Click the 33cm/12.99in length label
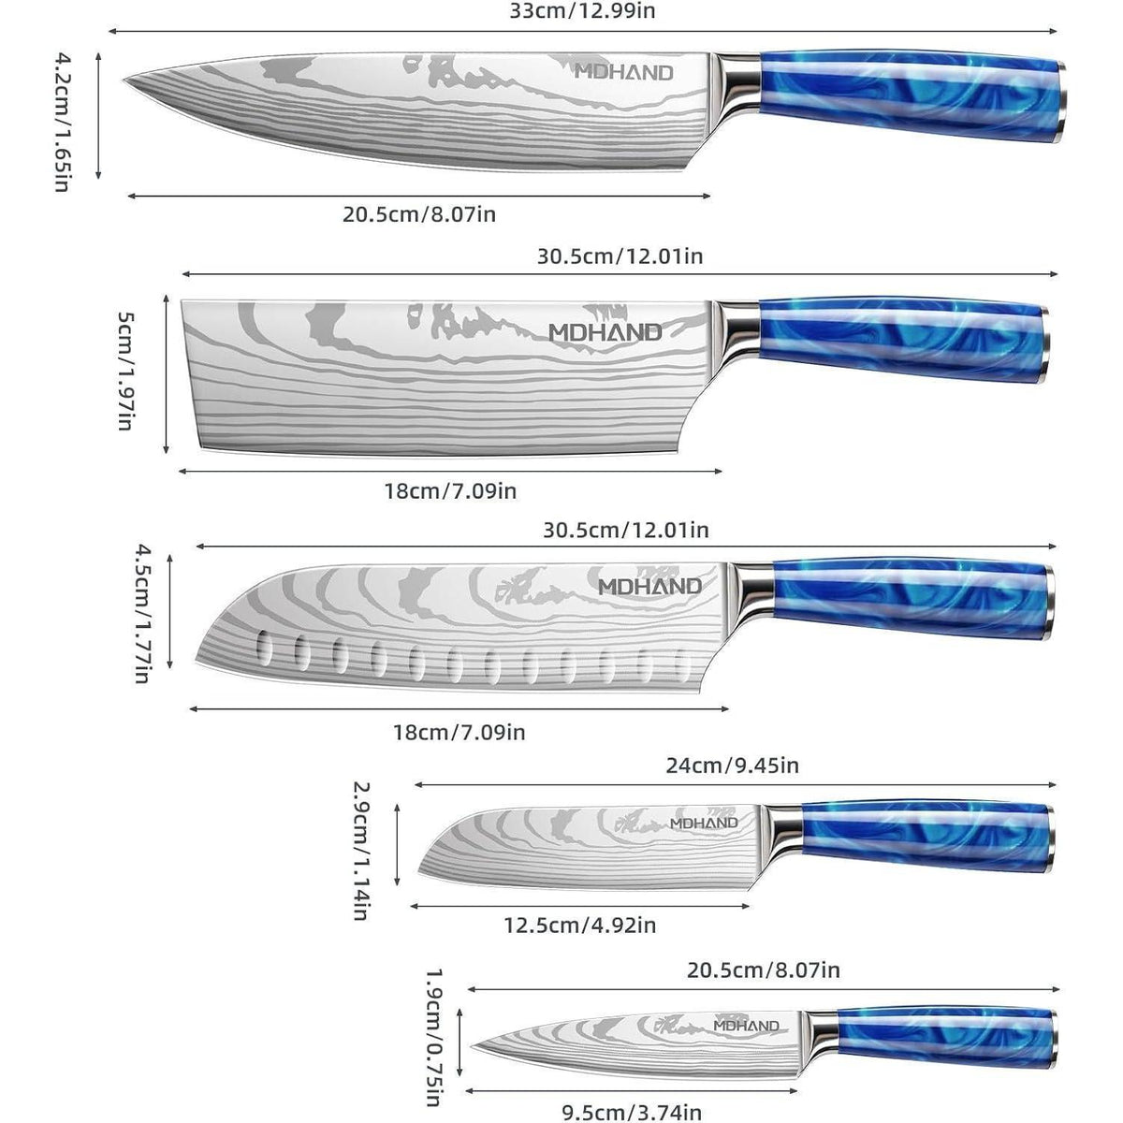click(581, 11)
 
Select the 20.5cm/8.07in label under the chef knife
click(418, 214)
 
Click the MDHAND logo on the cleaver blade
click(605, 332)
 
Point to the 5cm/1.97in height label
click(126, 372)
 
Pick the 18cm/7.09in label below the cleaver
click(450, 491)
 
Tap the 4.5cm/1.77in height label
click(144, 613)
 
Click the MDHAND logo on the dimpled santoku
click(649, 586)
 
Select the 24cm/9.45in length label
click(732, 766)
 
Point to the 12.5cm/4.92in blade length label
click(580, 925)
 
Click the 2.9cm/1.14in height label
click(361, 851)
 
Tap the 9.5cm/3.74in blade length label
click(632, 1113)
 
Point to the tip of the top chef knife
click(124, 80)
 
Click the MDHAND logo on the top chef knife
click(623, 72)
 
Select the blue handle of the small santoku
click(928, 838)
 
